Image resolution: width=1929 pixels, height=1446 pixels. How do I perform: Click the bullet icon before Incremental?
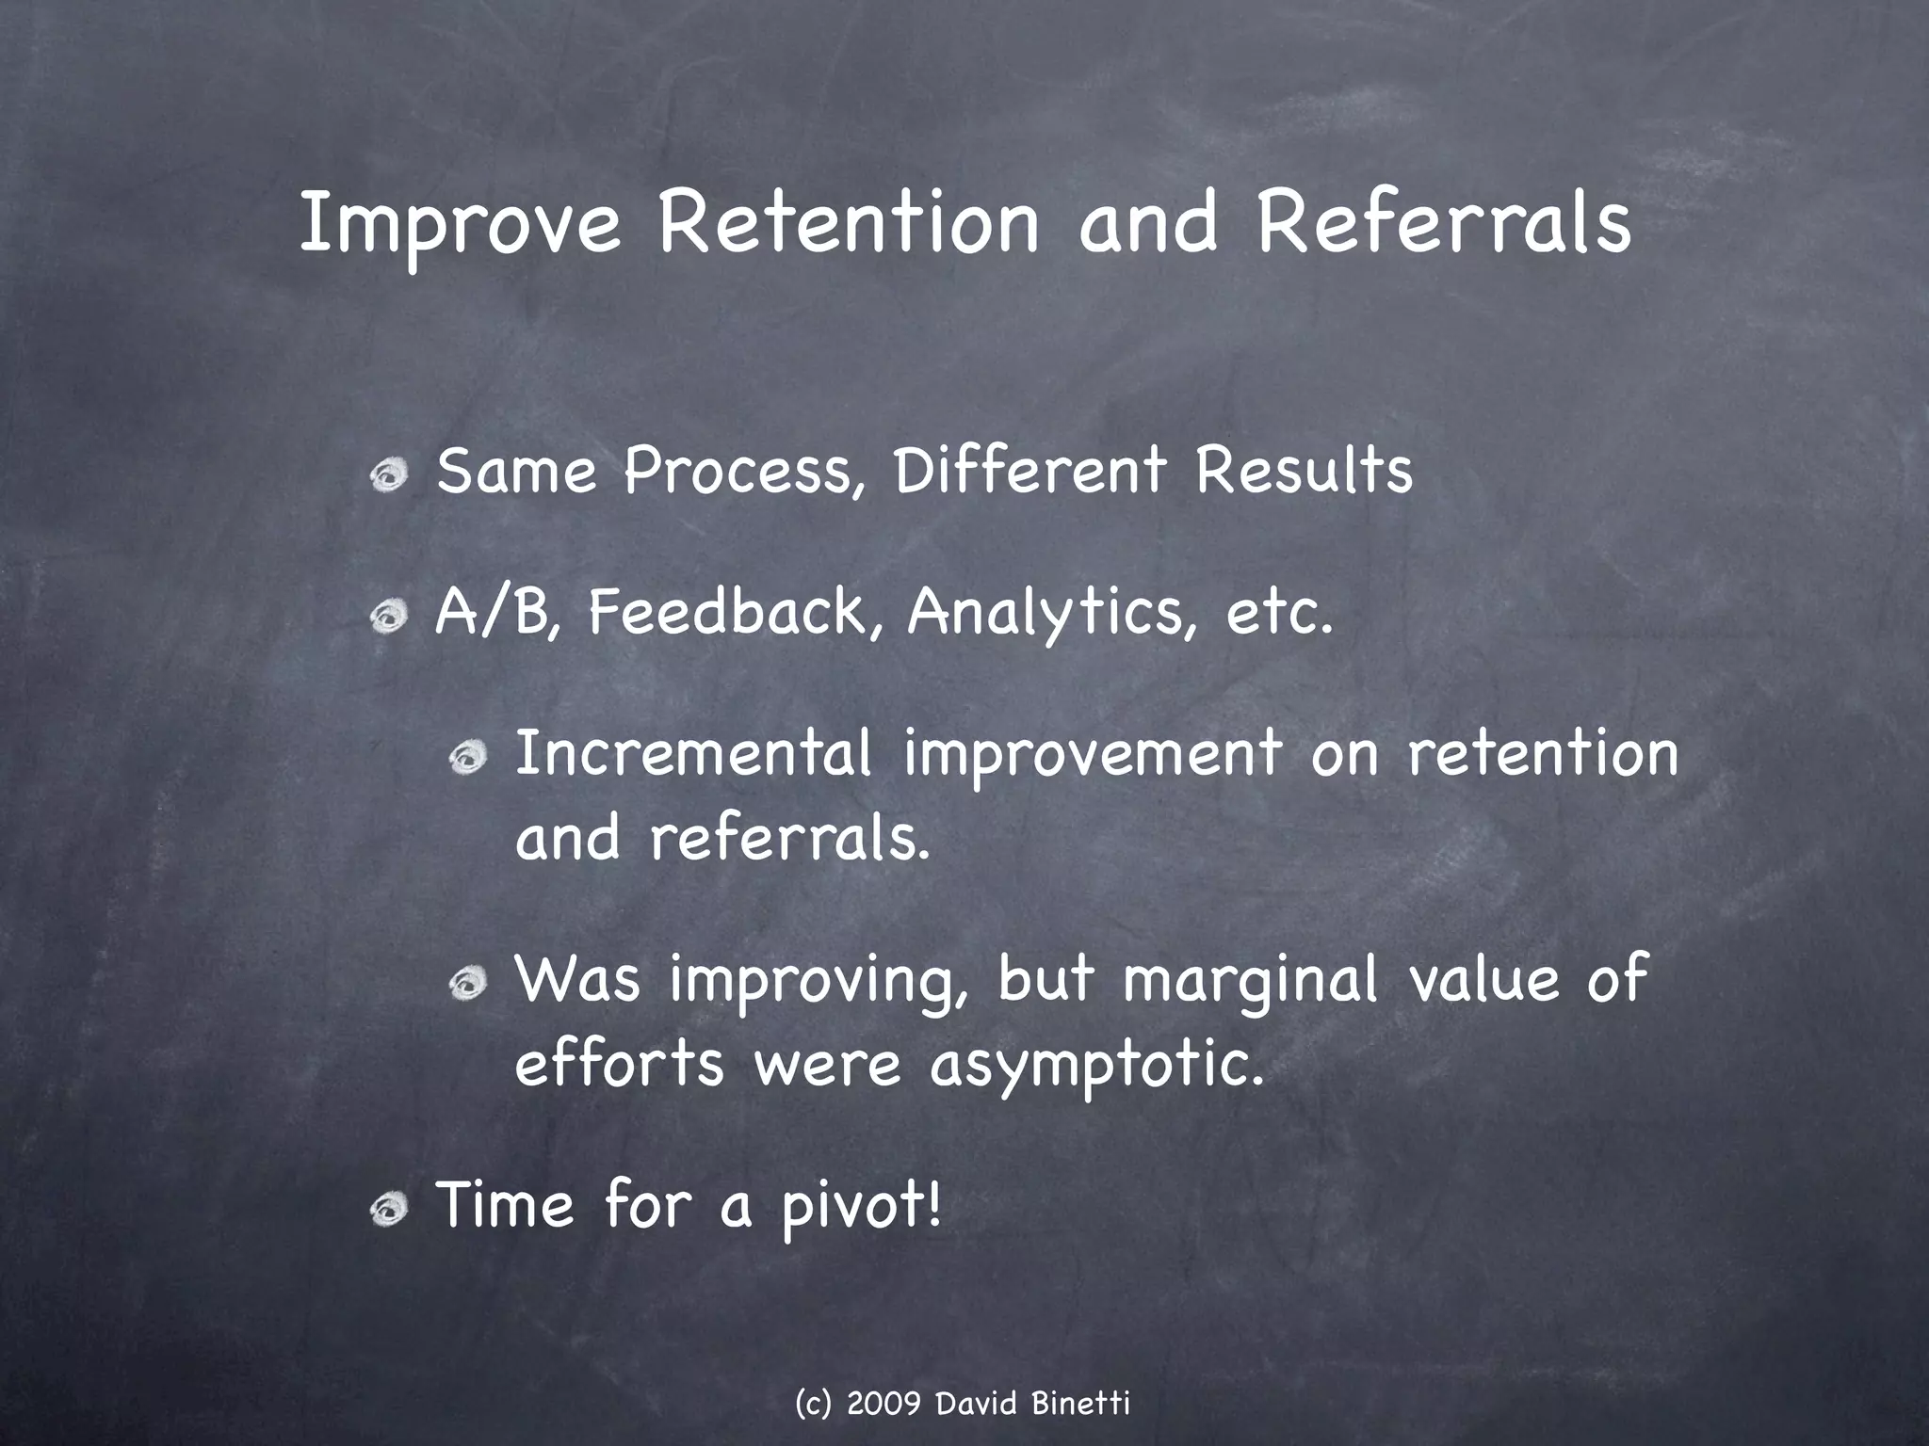click(x=467, y=758)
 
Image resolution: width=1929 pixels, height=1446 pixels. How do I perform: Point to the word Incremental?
click(x=694, y=754)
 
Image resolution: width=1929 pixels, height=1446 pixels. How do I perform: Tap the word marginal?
click(x=1250, y=979)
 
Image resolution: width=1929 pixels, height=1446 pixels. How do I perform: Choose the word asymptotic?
click(x=1096, y=1066)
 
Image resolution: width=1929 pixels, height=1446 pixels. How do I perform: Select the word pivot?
click(x=860, y=1207)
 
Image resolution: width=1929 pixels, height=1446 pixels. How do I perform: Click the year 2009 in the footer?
click(x=883, y=1404)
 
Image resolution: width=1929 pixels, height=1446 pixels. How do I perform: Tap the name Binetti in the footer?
click(x=1080, y=1404)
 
